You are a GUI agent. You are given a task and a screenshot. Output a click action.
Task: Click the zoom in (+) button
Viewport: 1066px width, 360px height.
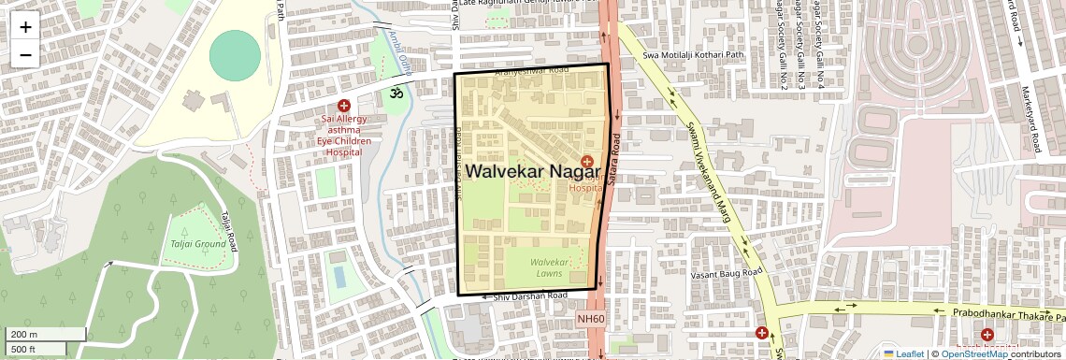pos(25,27)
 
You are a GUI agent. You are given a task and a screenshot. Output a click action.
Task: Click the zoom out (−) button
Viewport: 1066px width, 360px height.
pos(25,55)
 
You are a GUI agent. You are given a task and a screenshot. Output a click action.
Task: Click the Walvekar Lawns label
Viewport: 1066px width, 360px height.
pos(549,267)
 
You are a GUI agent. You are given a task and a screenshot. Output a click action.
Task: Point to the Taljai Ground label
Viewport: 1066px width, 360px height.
pos(197,245)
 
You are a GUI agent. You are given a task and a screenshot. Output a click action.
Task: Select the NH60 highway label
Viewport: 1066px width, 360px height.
pos(591,319)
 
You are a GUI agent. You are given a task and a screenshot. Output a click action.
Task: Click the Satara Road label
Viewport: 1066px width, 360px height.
pos(615,158)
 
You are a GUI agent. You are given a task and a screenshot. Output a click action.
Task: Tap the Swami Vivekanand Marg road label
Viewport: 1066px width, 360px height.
pos(708,173)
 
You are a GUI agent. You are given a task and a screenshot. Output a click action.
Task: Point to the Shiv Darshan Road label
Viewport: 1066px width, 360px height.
pos(529,296)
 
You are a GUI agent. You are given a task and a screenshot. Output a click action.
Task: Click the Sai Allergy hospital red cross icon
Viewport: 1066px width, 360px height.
pos(344,107)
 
